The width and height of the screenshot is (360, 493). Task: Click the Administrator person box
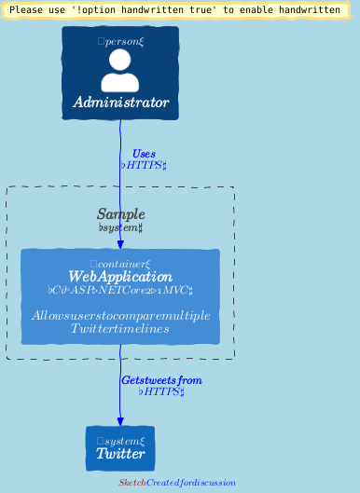[120, 73]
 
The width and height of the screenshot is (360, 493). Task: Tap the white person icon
[120, 70]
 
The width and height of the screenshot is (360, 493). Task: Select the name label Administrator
[120, 103]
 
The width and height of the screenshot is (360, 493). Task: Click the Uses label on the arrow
[144, 154]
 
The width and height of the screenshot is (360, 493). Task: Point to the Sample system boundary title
[120, 214]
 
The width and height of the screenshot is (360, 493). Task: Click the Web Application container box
[120, 296]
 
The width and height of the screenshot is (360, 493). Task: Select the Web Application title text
[120, 277]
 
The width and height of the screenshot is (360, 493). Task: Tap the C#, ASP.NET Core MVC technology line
[120, 290]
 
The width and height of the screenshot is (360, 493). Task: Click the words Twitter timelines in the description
[120, 329]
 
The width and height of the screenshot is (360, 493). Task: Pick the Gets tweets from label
[161, 380]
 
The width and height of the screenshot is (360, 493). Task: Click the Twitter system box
[120, 448]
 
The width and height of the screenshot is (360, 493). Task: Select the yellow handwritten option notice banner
[174, 9]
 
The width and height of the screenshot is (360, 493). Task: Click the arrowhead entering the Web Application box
[120, 244]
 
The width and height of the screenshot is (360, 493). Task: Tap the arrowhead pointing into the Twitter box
[120, 421]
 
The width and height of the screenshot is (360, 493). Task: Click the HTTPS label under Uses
[144, 165]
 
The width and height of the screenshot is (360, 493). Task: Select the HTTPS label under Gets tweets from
[161, 391]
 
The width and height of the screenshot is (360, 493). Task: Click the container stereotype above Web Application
[120, 264]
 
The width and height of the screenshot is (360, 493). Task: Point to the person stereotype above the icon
[120, 41]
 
